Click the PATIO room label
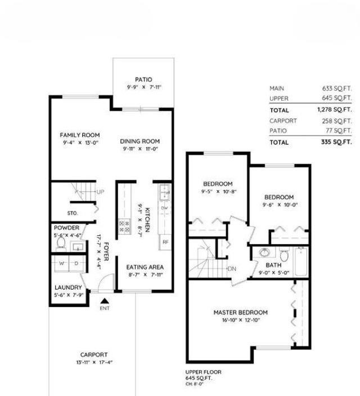[143, 80]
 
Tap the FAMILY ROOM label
[80, 135]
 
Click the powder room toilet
[62, 244]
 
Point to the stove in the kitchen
[123, 226]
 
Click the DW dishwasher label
[165, 208]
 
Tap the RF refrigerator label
[165, 242]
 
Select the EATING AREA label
[141, 267]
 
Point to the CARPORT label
[93, 354]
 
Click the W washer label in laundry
[62, 263]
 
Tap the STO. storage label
[71, 213]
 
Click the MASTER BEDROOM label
[240, 312]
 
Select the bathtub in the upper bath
[300, 262]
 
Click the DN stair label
[232, 269]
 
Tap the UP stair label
[100, 192]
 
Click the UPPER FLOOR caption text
[203, 372]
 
